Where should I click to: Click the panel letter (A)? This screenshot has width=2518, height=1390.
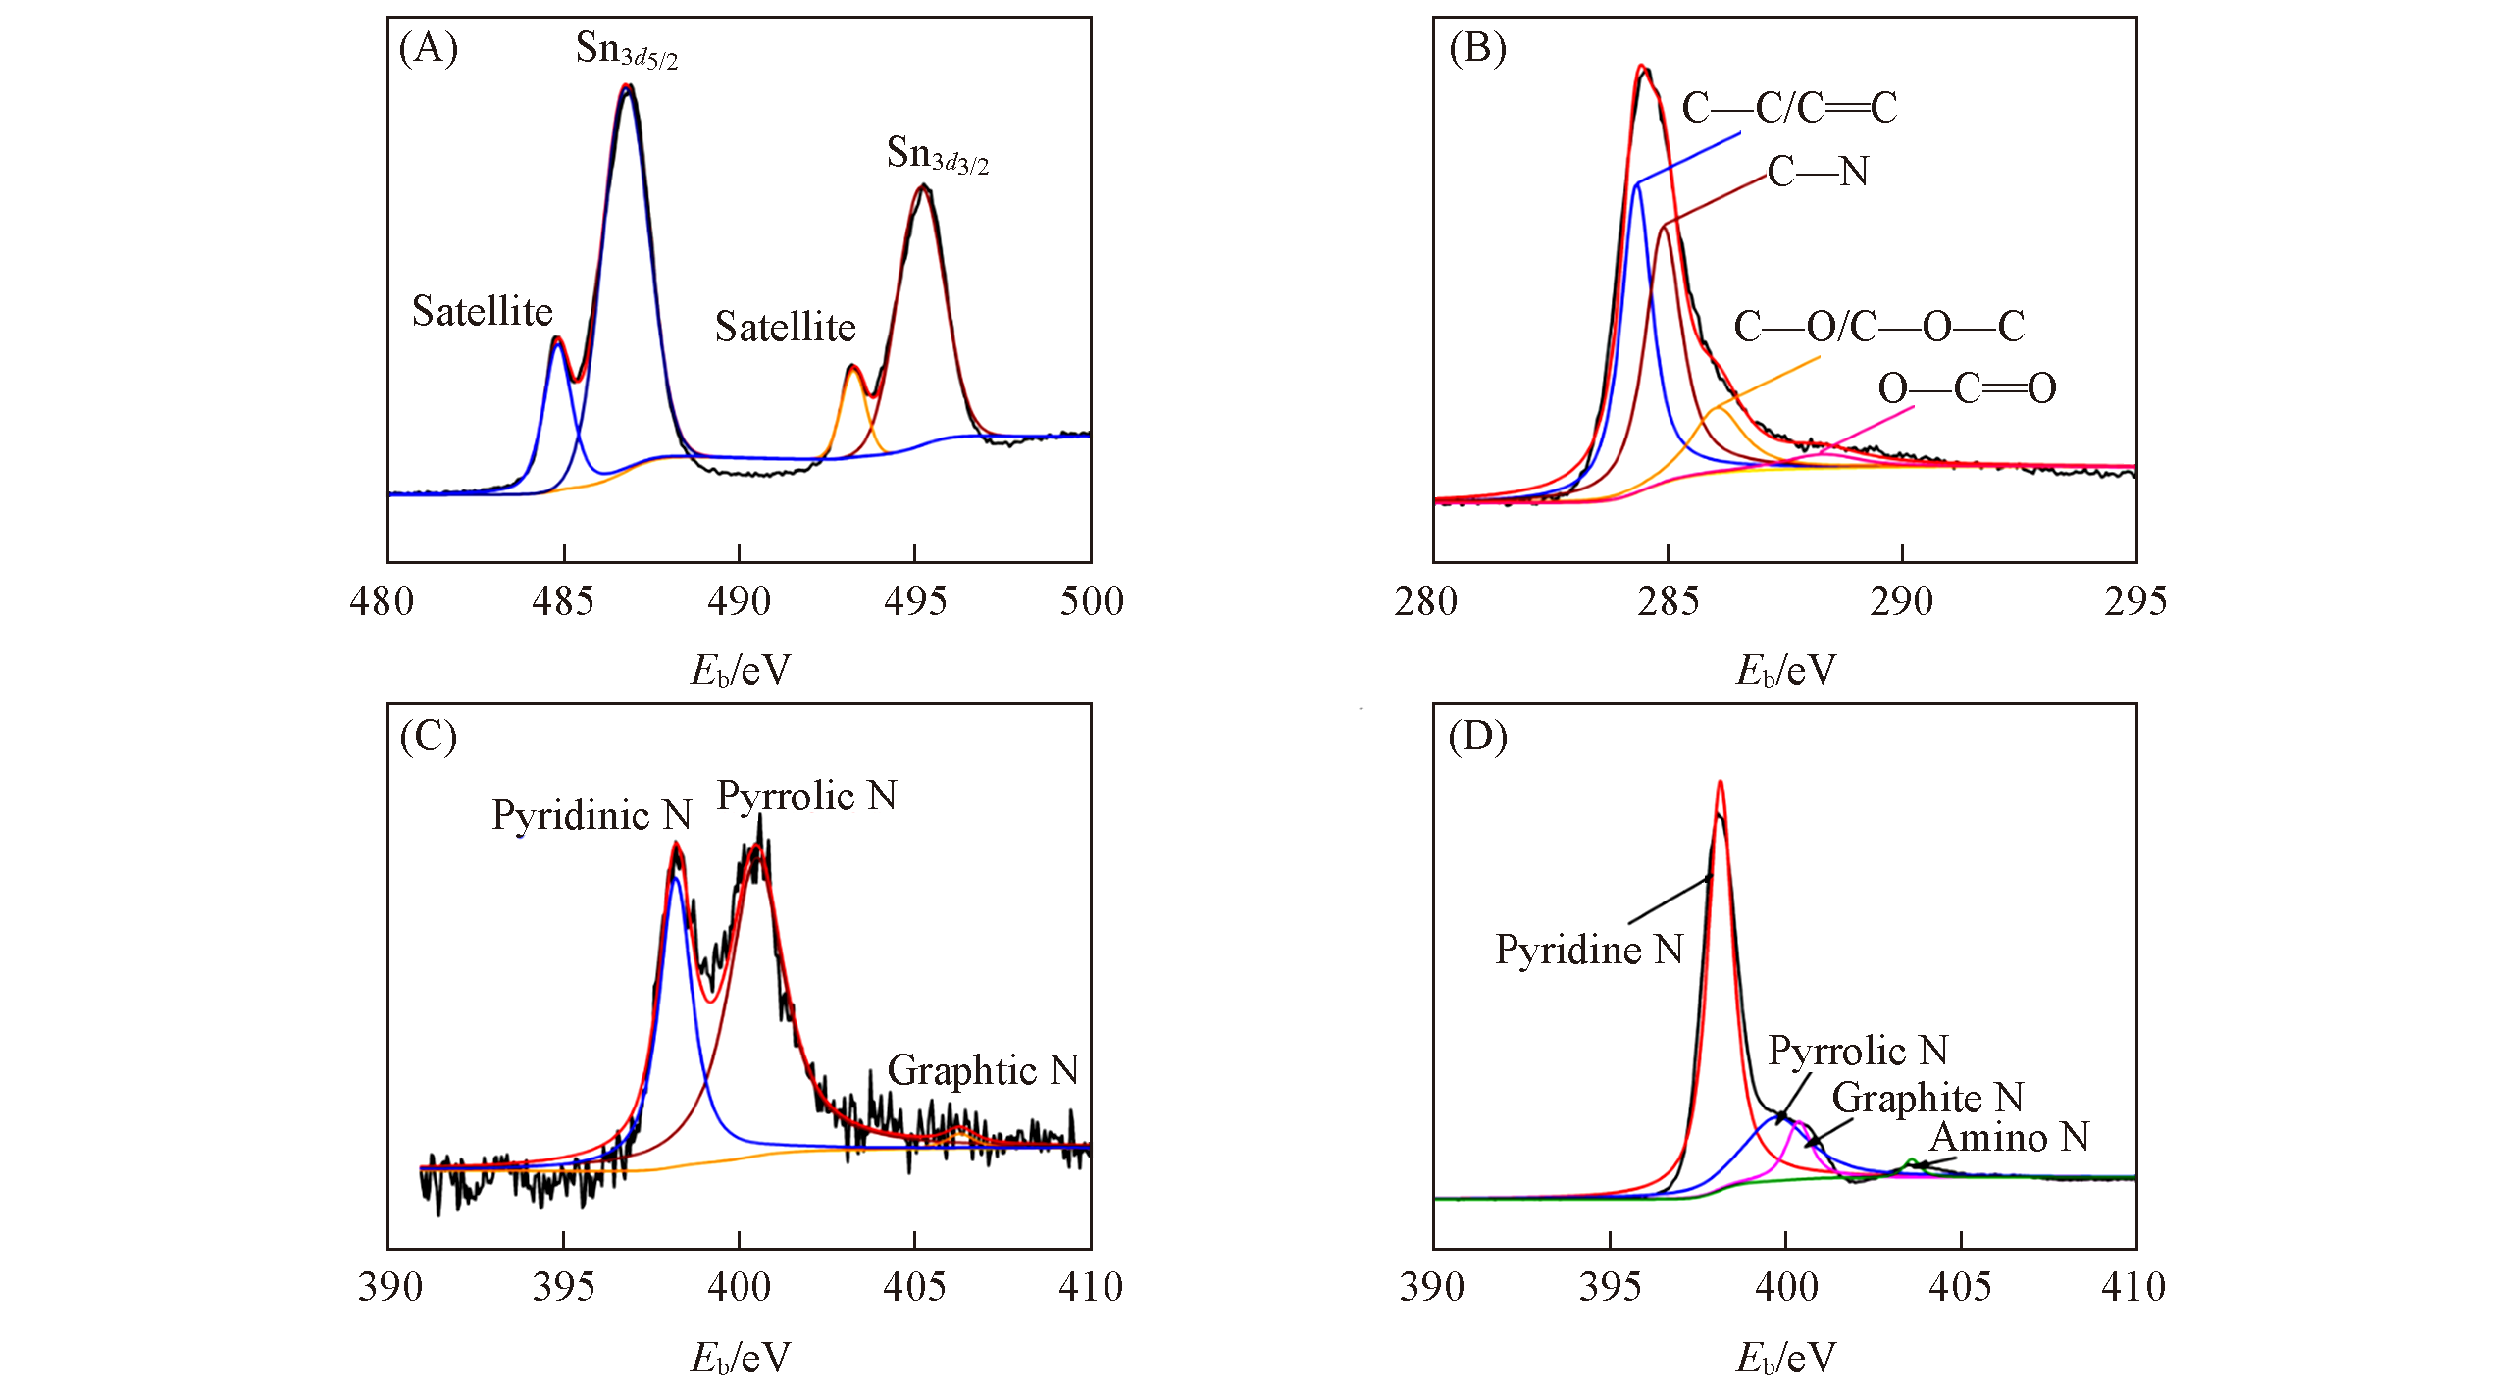click(429, 48)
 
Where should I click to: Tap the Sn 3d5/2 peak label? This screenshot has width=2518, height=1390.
click(626, 49)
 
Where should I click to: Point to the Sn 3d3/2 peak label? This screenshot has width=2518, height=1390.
click(937, 154)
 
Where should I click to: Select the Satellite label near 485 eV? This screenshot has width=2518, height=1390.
click(483, 311)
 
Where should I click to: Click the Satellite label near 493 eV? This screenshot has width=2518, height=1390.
click(785, 327)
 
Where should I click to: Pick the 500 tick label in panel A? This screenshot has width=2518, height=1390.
click(1091, 600)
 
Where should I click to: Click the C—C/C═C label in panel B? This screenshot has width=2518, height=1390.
click(1789, 108)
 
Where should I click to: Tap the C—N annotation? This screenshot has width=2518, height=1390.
click(1818, 172)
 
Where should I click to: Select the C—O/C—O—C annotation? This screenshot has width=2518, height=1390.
click(1878, 327)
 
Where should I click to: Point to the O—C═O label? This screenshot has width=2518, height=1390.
click(1967, 388)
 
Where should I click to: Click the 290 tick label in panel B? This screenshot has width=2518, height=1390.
click(1901, 600)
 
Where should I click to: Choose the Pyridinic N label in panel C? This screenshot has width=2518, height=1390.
click(591, 815)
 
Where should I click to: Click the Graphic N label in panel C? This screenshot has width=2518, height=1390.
click(983, 1070)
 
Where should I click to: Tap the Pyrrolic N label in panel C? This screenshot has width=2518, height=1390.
click(806, 796)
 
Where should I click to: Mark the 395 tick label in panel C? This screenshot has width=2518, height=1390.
click(563, 1286)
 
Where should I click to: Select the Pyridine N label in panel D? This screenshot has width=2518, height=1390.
click(1589, 950)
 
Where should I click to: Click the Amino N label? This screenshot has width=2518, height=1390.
click(2009, 1138)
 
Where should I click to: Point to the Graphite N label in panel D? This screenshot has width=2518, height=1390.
click(1927, 1098)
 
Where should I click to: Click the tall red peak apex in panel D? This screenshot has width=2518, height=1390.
click(1720, 783)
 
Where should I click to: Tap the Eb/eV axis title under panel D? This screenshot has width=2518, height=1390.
click(1785, 1358)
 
